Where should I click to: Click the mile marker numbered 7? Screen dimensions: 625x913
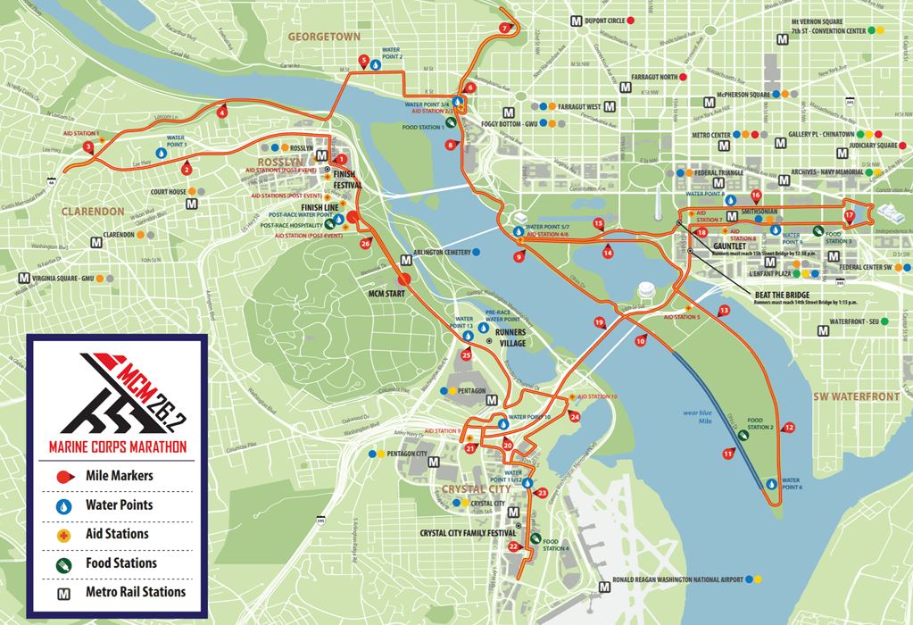505,28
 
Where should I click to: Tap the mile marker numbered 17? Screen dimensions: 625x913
849,215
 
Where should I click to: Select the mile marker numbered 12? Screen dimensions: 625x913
788,429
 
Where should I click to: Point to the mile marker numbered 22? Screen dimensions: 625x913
513,546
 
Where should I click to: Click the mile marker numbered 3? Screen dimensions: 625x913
87,146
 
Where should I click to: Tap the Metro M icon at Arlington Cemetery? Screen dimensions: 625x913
406,260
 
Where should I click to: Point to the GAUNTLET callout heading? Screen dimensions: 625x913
732,246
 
